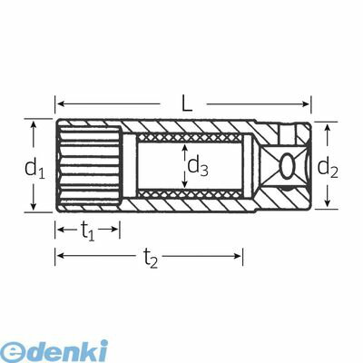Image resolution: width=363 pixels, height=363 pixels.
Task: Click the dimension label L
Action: tap(187, 104)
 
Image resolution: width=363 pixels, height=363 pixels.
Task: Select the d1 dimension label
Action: tap(34, 168)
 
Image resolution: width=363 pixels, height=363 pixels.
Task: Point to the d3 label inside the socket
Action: tap(198, 166)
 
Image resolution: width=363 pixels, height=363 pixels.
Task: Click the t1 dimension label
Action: tap(88, 231)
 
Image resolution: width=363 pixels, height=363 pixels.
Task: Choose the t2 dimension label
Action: tap(151, 259)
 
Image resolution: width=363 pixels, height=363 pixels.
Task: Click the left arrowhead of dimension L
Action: tap(61, 104)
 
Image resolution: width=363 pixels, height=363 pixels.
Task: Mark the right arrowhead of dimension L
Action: tap(306, 104)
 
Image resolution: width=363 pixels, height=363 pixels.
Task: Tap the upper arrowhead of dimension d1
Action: tap(34, 124)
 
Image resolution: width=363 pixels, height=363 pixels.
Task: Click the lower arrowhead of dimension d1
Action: tap(34, 206)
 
